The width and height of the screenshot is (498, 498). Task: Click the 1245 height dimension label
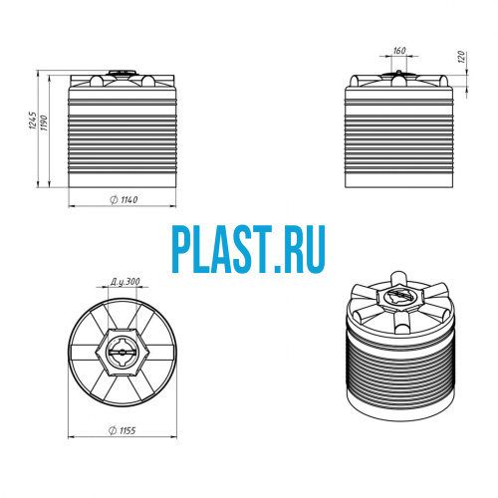[x=33, y=121]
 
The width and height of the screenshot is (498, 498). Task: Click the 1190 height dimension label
[x=44, y=123]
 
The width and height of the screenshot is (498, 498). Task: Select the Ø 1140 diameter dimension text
[x=124, y=199]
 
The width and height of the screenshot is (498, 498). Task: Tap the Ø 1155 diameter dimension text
[x=123, y=430]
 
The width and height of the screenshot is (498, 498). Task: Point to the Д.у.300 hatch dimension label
[x=125, y=282]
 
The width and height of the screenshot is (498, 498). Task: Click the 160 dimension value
[x=399, y=51]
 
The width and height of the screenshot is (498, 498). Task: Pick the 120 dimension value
[x=461, y=57]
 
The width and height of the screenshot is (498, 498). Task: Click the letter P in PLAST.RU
[x=182, y=249]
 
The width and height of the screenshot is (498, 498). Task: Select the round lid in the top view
[x=123, y=353]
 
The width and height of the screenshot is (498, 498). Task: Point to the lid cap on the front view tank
[x=122, y=73]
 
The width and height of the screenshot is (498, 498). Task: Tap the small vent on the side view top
[x=398, y=72]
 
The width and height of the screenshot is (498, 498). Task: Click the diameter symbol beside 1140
[x=114, y=199]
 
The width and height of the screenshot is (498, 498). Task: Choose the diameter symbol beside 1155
[x=113, y=430]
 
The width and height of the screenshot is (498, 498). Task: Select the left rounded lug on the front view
[x=97, y=81]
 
